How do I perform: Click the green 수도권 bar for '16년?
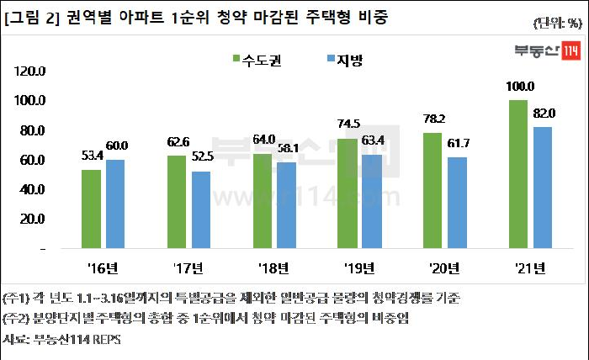pos(91,209)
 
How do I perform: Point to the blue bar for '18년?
pos(287,206)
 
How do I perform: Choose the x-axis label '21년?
pos(528,268)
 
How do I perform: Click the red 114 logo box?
pos(570,50)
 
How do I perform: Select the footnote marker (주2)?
pos(18,319)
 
